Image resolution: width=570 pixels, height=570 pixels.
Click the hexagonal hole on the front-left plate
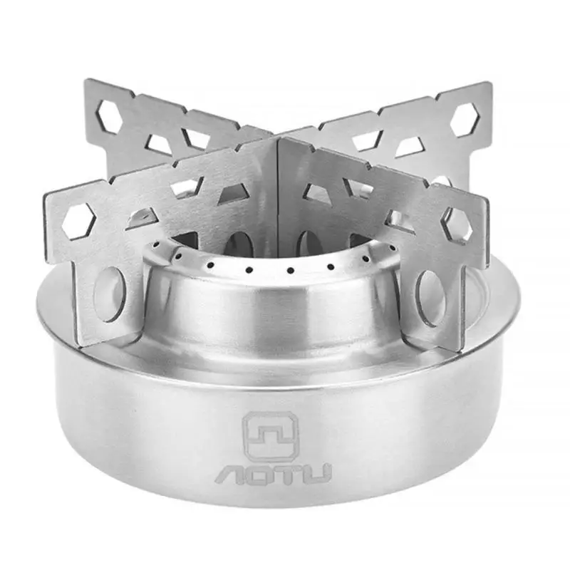click(78, 220)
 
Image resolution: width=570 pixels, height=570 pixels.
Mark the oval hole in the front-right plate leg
click(432, 298)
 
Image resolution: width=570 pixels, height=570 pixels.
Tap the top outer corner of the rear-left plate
click(86, 81)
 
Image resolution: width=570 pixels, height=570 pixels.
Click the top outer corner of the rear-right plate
click(490, 84)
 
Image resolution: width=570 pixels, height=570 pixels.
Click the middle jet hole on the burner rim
click(290, 271)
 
